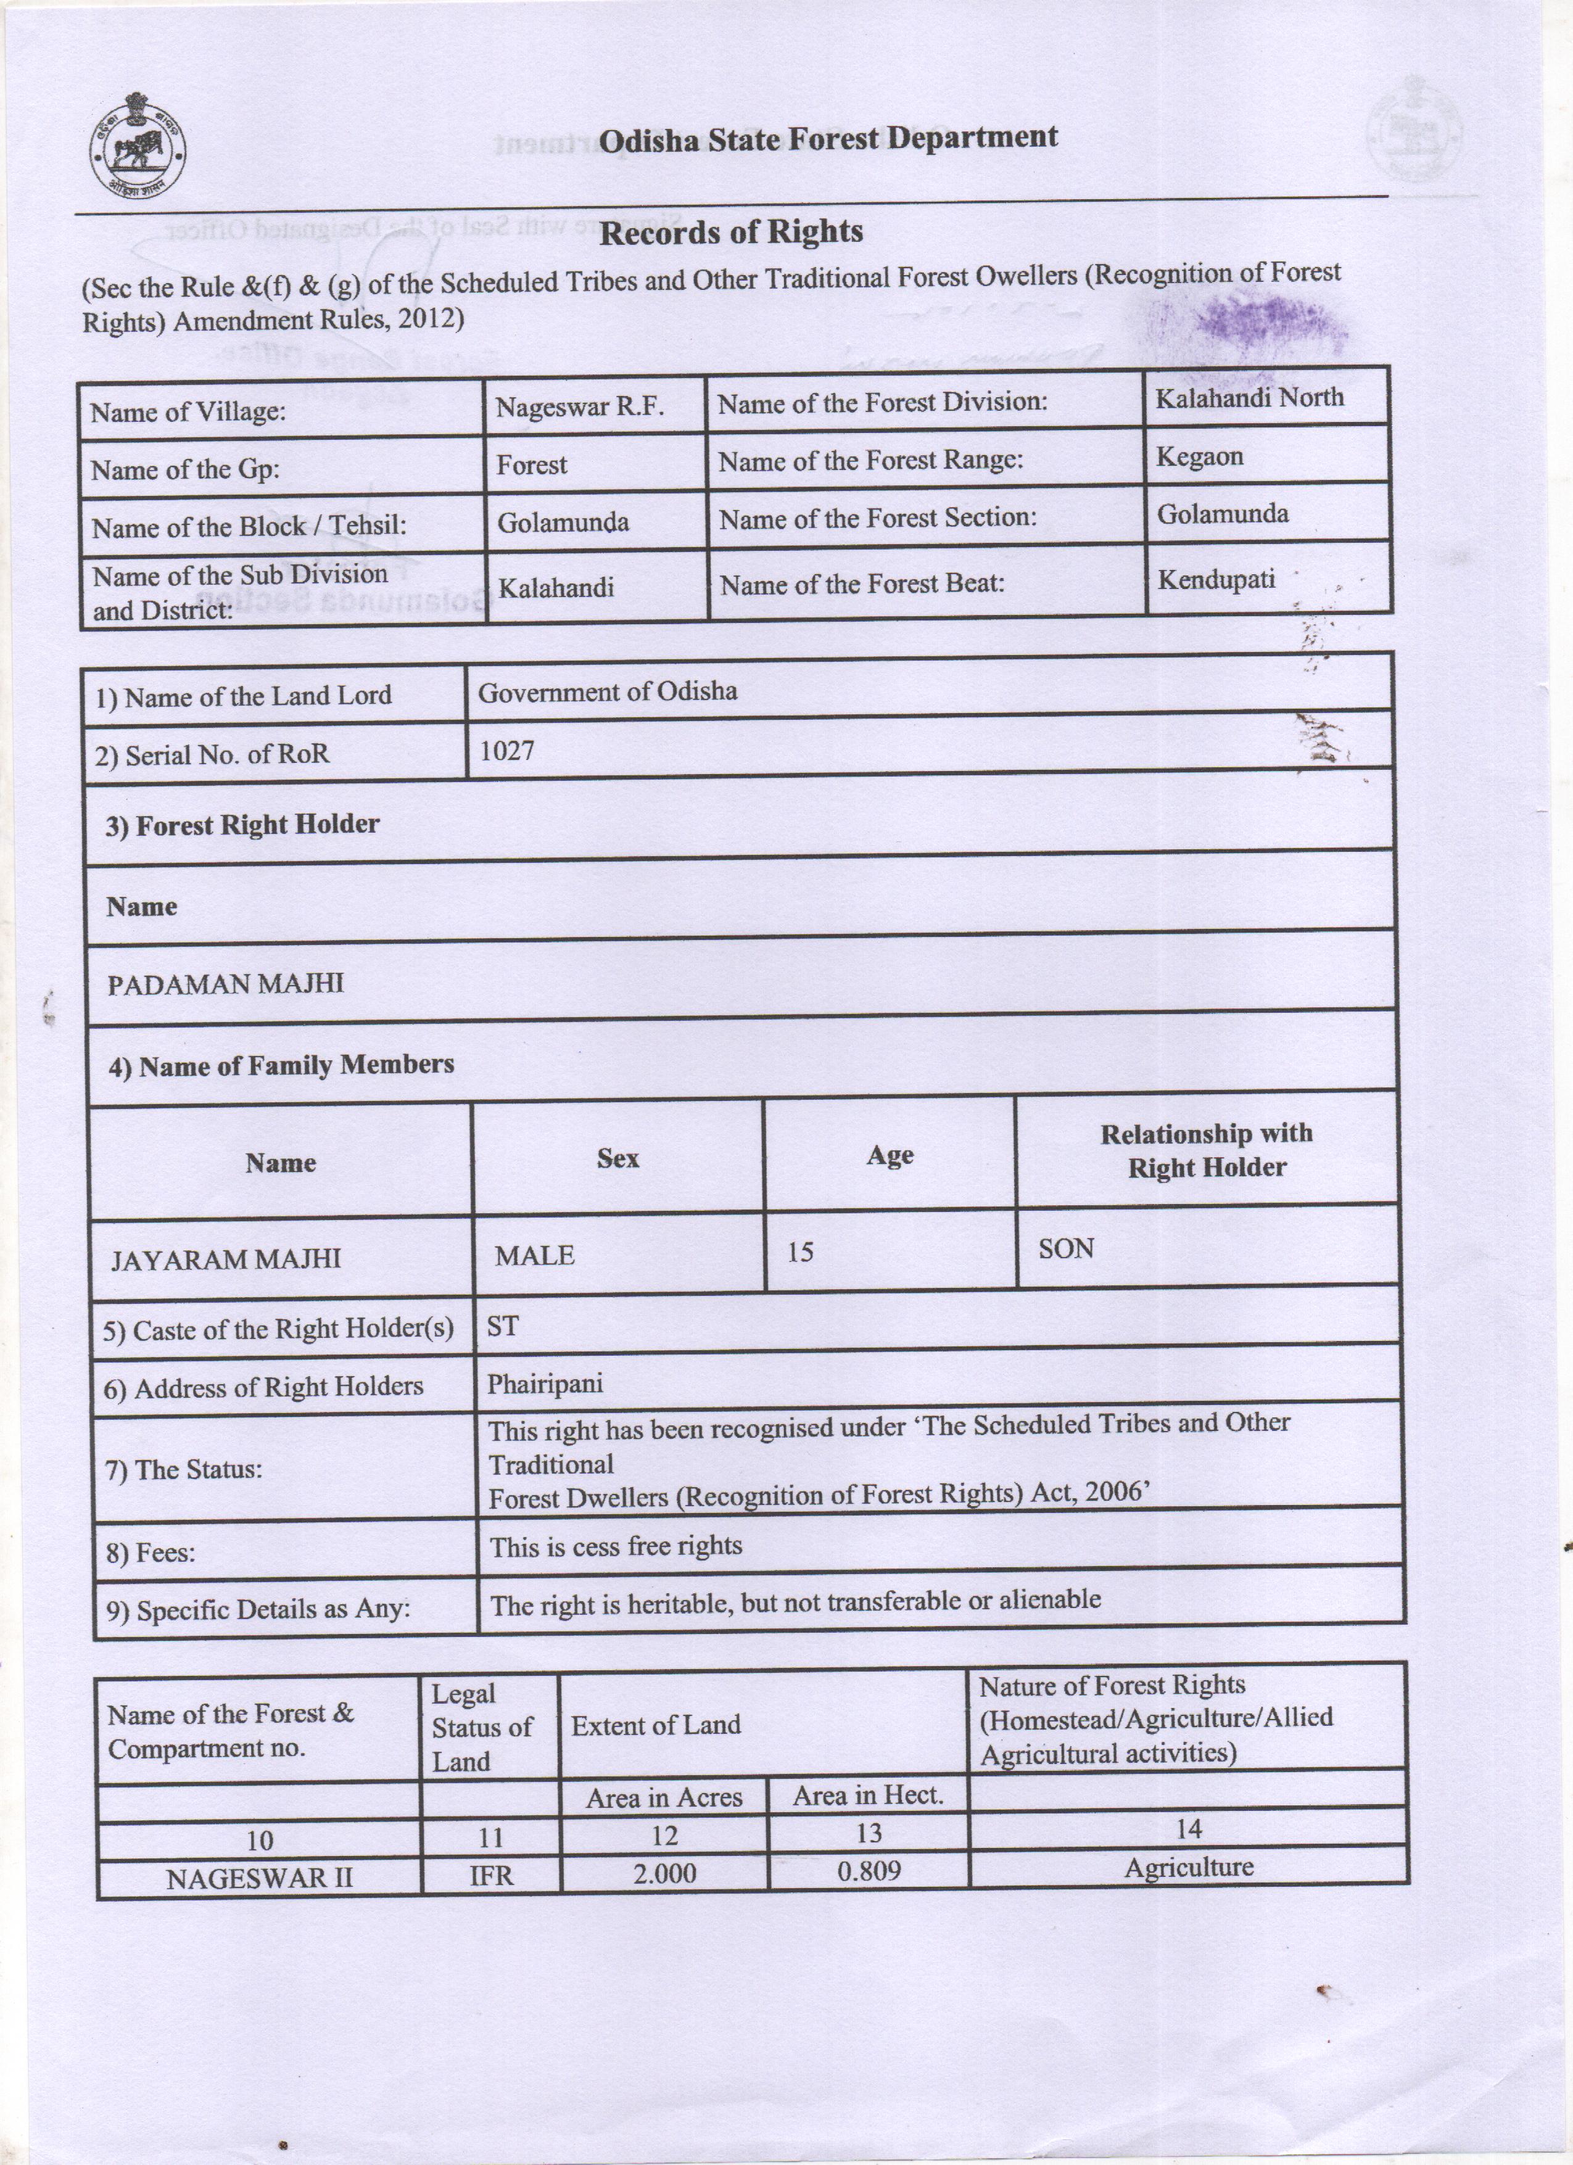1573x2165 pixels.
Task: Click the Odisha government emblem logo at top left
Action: (138, 145)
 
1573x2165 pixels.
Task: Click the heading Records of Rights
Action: (731, 232)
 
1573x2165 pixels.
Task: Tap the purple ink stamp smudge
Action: (1260, 320)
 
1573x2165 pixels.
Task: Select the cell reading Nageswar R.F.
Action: (579, 408)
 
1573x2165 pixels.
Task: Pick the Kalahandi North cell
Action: (1249, 397)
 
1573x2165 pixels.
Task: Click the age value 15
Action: (800, 1252)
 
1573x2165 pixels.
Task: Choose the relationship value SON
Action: (1065, 1248)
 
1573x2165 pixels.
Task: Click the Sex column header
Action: (617, 1158)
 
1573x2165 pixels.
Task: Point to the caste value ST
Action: (502, 1326)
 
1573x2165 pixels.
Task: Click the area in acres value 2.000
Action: (664, 1873)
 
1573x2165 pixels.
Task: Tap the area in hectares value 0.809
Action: (868, 1870)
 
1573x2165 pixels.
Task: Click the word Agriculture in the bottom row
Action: (1188, 1867)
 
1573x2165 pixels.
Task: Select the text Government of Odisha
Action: (607, 691)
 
